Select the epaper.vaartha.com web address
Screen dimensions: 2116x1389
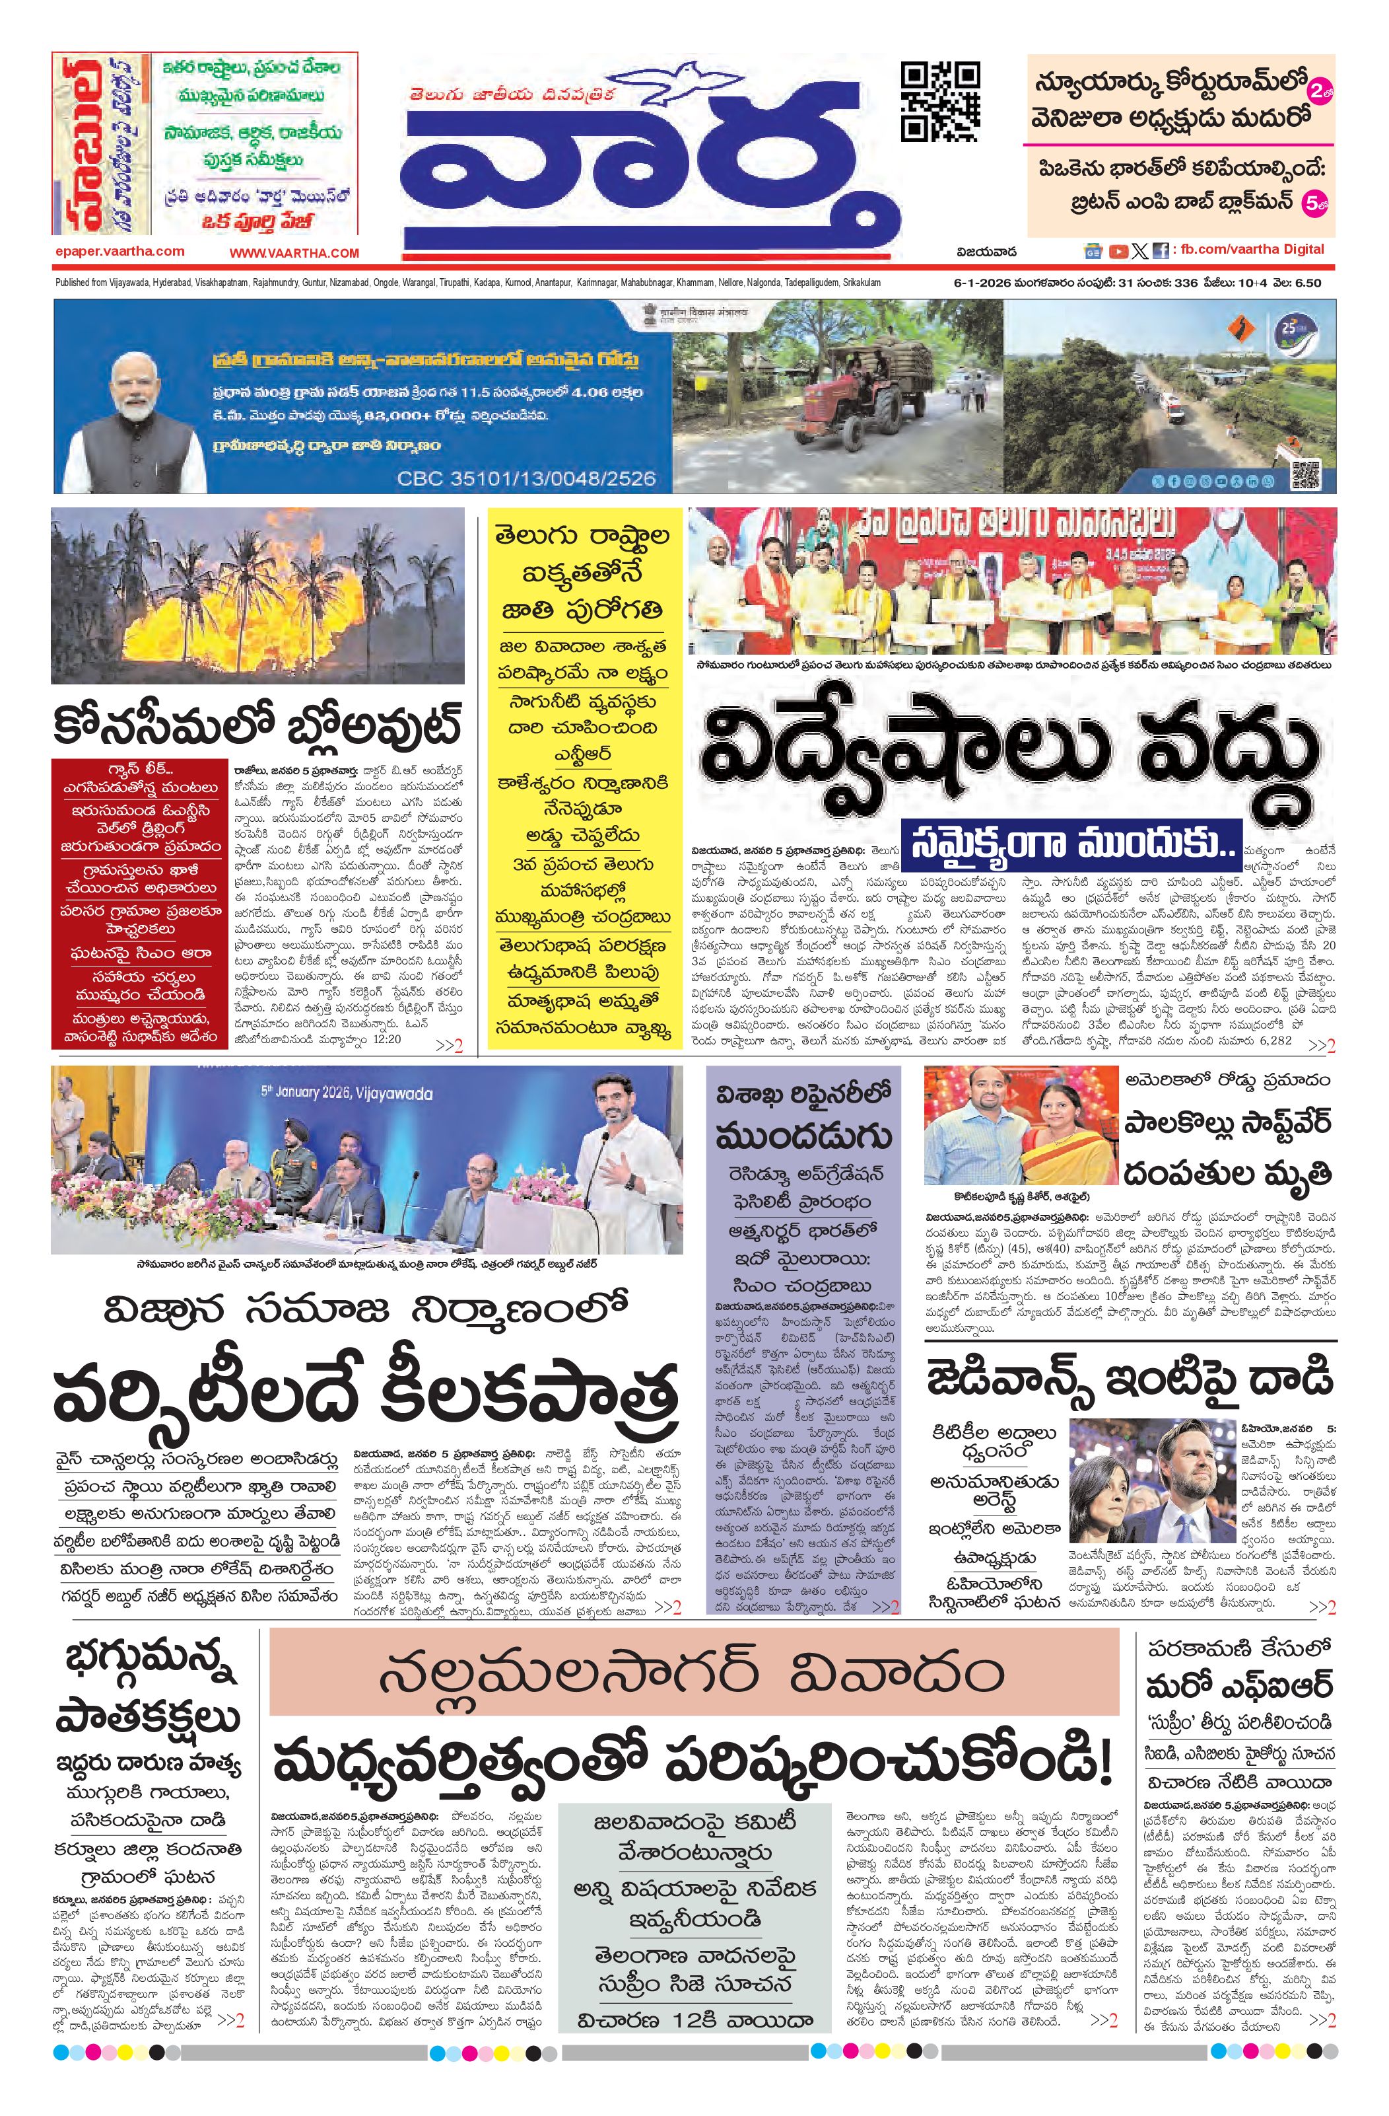click(119, 252)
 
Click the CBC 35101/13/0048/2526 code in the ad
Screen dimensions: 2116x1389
click(526, 478)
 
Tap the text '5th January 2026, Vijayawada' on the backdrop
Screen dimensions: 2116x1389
click(347, 1092)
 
